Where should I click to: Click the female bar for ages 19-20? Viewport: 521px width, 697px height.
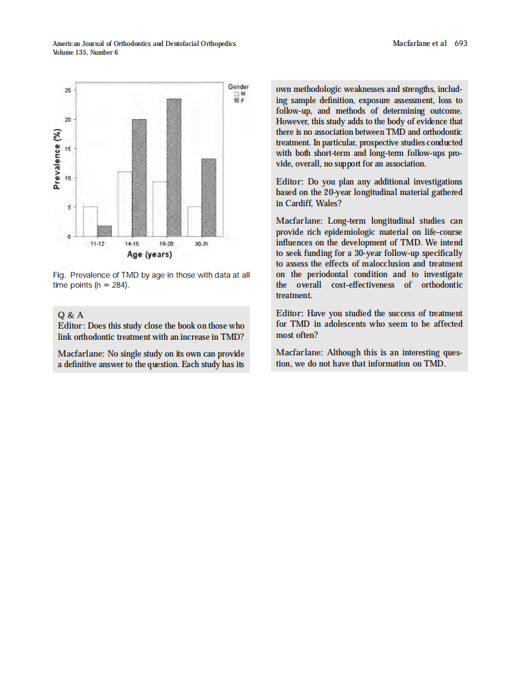point(174,168)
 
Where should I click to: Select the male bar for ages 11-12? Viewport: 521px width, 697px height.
point(90,221)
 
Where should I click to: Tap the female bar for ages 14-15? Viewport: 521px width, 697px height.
point(139,178)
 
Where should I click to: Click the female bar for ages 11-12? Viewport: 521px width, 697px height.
point(104,230)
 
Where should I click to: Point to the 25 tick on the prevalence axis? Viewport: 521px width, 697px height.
point(67,90)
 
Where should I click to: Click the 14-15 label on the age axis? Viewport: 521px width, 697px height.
point(132,244)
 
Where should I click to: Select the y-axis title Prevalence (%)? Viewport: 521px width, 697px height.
point(57,159)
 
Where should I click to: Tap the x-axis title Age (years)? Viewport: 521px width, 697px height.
point(149,255)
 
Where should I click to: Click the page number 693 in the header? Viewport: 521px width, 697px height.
point(461,43)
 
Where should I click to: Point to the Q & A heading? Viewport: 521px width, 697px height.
point(70,314)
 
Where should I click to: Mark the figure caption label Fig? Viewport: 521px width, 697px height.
point(60,275)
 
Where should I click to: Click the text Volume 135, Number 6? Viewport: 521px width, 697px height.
point(85,52)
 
